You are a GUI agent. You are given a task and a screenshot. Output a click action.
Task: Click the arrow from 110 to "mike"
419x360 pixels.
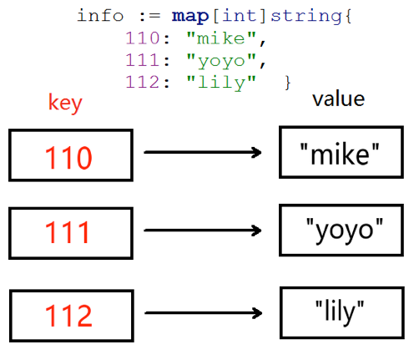click(203, 152)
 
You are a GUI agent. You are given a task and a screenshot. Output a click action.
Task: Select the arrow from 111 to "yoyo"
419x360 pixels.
click(203, 231)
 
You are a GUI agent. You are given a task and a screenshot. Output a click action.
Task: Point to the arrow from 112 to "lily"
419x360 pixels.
click(204, 313)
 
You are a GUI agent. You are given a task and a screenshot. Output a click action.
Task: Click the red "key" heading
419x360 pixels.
click(65, 103)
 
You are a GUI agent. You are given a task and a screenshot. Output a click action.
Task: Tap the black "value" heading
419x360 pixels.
click(338, 99)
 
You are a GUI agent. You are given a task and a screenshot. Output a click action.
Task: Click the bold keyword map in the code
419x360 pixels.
click(190, 16)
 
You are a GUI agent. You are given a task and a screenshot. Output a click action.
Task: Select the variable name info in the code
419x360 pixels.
click(100, 15)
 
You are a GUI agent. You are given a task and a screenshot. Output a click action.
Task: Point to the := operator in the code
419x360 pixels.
click(149, 16)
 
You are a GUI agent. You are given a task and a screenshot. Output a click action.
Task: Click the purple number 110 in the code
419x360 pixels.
click(143, 38)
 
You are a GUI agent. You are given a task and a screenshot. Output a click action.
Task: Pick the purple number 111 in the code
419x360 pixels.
click(143, 60)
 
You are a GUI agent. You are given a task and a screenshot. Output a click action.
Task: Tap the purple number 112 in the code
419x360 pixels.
click(143, 82)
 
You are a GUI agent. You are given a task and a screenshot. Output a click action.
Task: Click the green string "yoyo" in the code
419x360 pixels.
click(221, 61)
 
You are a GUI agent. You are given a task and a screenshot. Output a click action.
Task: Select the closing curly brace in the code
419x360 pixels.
click(288, 83)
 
